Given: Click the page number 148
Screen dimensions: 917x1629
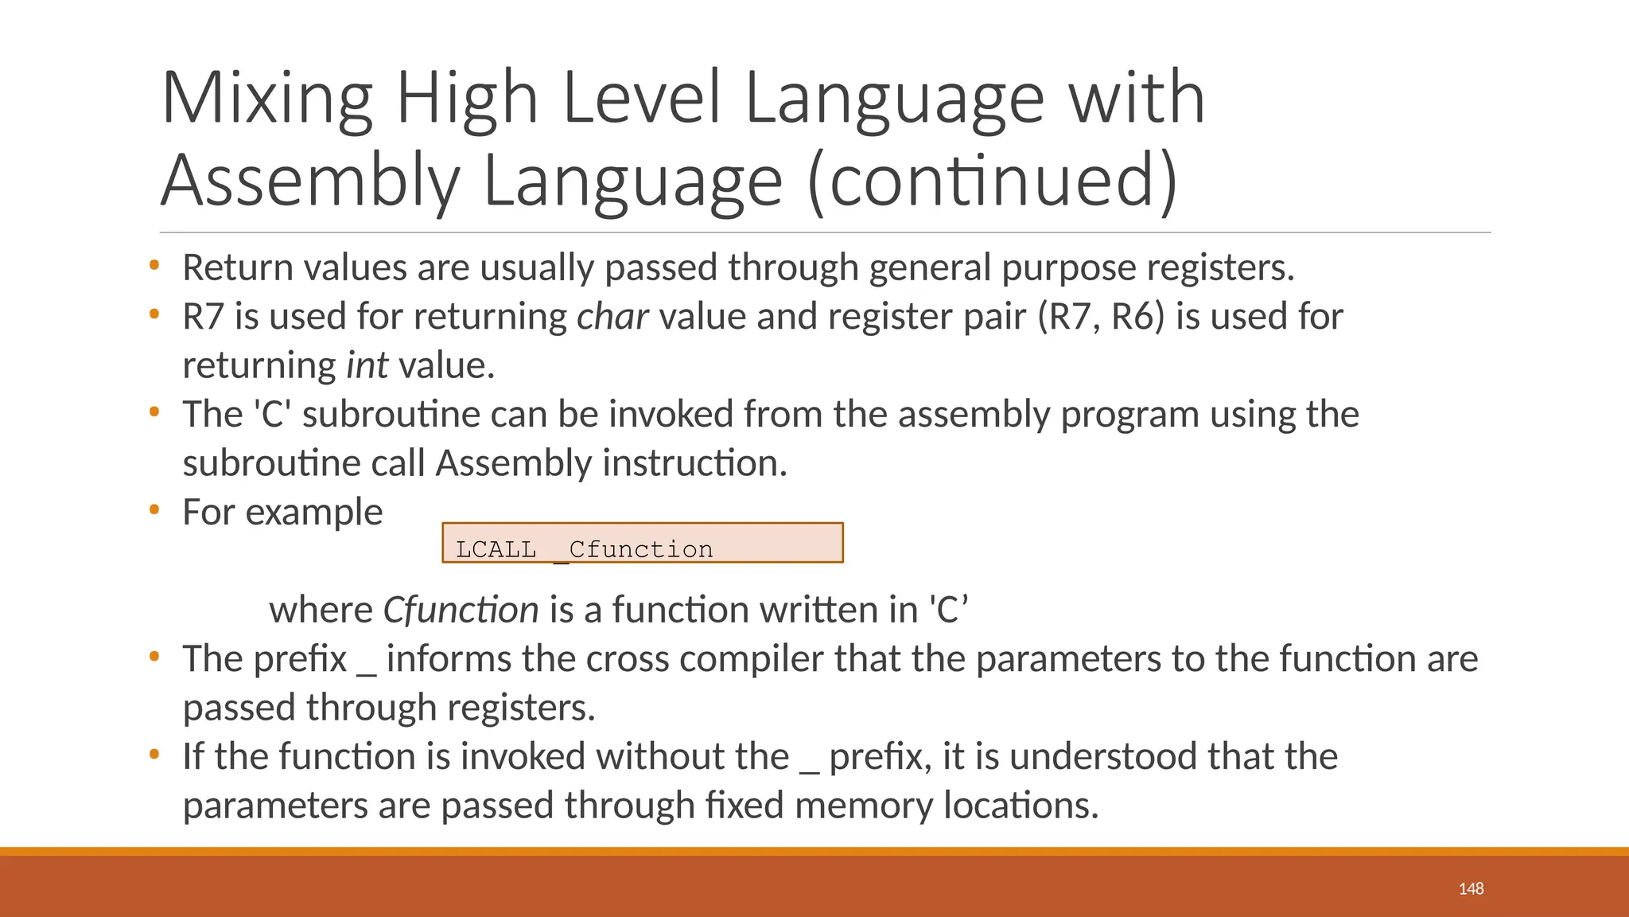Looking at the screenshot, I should (1471, 889).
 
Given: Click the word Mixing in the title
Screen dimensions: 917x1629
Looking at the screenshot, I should (267, 98).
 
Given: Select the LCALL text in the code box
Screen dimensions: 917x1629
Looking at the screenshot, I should (496, 549).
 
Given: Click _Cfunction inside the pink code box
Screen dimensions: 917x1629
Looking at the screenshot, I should (634, 549).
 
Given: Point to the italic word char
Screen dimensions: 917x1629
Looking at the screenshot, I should (612, 317).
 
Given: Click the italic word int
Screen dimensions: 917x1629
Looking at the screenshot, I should (367, 366).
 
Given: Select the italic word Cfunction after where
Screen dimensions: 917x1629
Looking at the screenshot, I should (461, 611).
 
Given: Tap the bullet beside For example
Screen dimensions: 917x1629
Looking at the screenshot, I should (154, 509).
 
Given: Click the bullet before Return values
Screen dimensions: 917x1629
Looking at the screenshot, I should (154, 264).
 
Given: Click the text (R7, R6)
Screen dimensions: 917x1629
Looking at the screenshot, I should (1101, 317).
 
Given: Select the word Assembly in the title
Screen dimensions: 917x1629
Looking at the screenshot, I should (310, 181).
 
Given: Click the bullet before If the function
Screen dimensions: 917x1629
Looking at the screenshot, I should (154, 754).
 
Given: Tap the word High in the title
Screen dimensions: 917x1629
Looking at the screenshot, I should (468, 98).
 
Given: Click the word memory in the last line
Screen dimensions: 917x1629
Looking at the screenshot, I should (863, 806).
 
